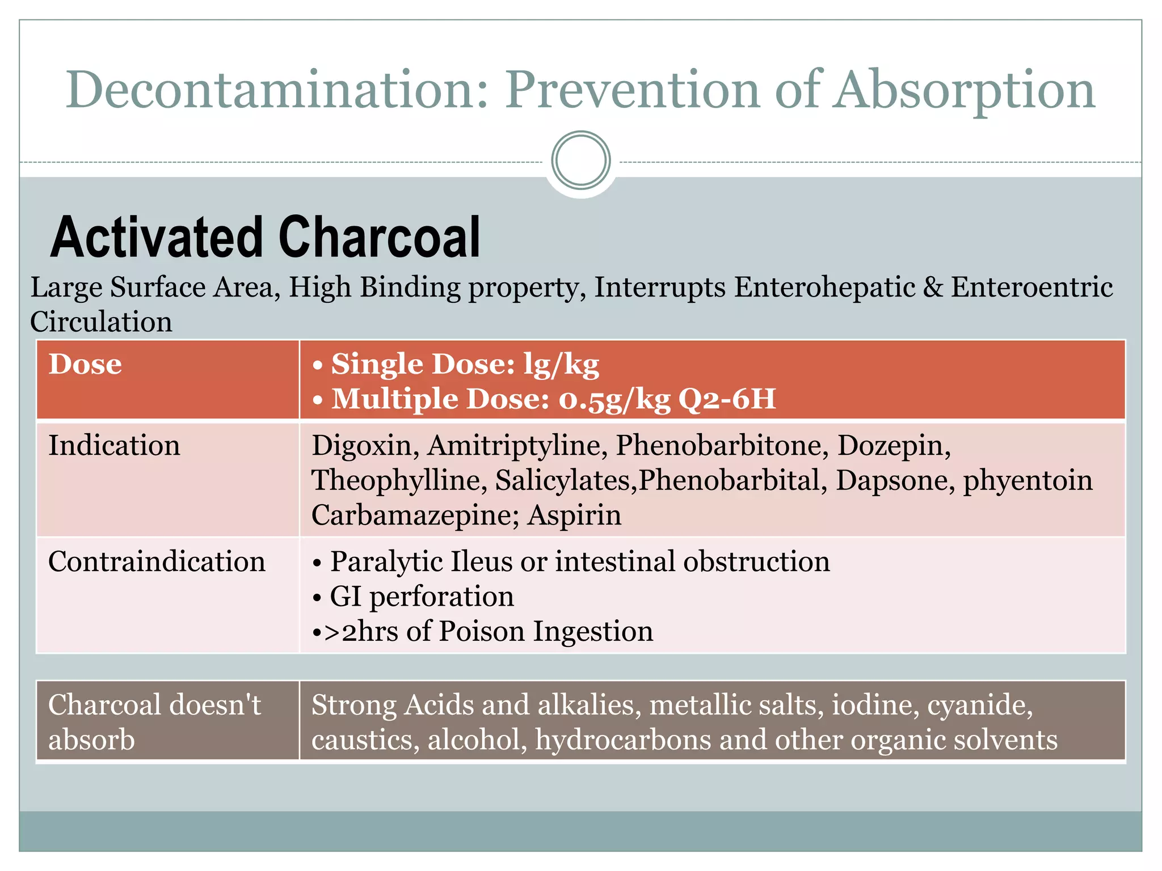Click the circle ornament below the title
(580, 160)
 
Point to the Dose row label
(85, 364)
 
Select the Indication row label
(114, 445)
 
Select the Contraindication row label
(157, 561)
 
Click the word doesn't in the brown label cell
(215, 705)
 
